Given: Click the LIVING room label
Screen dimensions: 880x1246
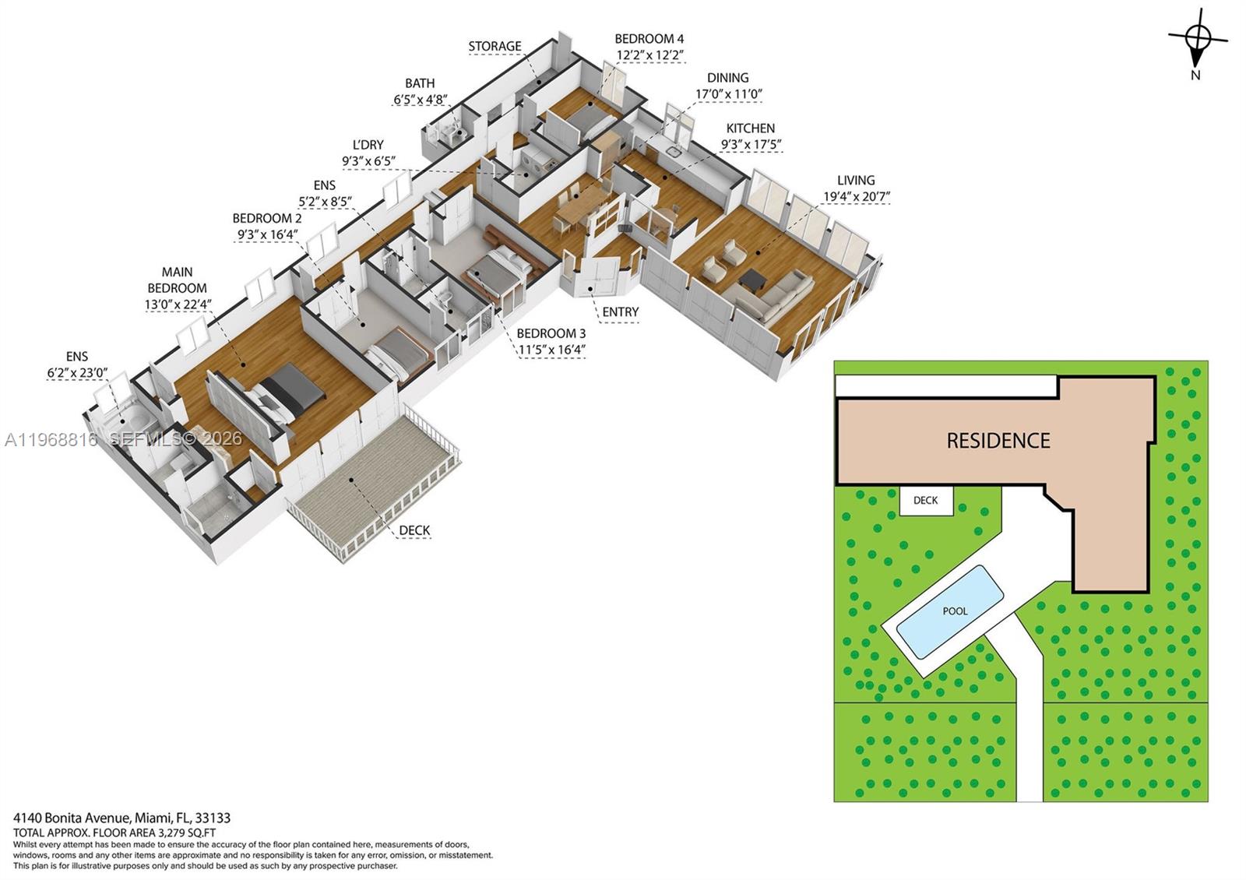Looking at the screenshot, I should pos(855,180).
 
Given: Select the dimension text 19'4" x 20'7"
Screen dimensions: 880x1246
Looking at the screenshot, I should pos(855,197).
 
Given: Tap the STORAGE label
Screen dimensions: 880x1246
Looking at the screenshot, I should pos(495,46).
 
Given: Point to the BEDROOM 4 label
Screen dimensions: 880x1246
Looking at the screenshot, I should pos(649,38).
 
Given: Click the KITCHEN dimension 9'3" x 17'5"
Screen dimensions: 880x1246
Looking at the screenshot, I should pos(751,145).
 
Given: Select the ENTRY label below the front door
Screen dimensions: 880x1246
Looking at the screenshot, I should pos(620,312).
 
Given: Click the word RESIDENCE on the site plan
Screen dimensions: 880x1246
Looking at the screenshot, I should pos(998,441).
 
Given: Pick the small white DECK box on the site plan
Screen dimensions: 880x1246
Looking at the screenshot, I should pos(925,500).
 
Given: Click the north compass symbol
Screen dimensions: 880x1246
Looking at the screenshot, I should pos(1198,37).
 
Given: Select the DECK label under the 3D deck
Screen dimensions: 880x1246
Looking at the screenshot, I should pos(414,530).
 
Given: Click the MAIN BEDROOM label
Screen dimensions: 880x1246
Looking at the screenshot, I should pos(178,280).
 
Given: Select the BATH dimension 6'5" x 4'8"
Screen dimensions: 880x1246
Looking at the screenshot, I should pos(420,100).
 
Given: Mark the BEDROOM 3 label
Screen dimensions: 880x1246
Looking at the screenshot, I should pos(551,333).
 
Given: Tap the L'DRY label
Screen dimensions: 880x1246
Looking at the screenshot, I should pos(368,145).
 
